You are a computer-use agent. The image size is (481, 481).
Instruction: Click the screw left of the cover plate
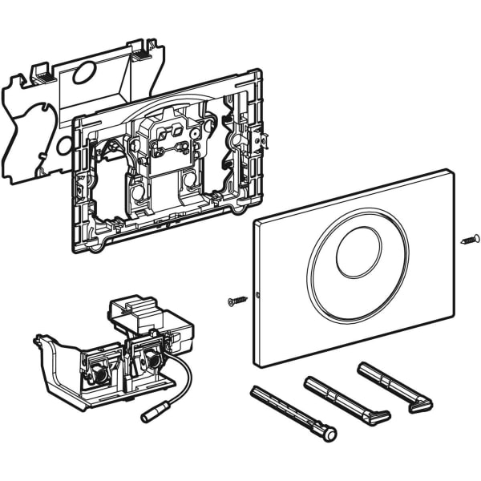(236, 300)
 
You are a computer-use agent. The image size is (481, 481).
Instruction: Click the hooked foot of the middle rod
(376, 418)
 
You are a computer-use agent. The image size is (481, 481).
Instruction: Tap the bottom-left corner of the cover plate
(264, 366)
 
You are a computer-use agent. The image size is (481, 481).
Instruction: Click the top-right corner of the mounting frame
(258, 74)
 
